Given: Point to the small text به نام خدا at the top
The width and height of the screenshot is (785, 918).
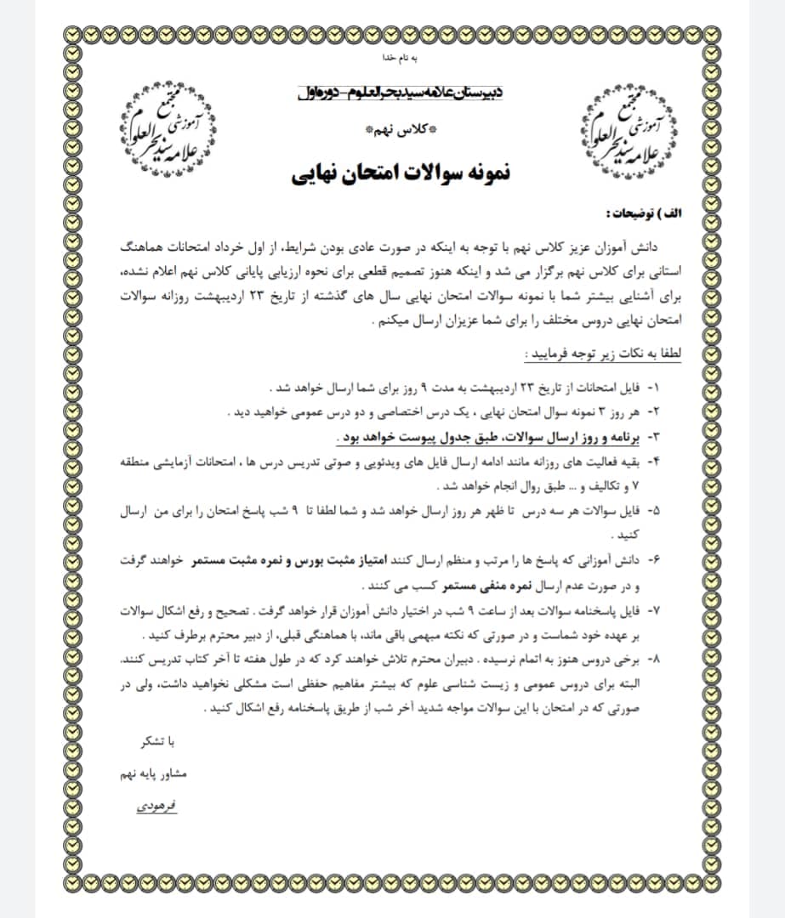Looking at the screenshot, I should [x=399, y=59].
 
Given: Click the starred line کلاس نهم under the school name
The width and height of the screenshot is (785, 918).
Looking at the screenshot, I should [x=401, y=131].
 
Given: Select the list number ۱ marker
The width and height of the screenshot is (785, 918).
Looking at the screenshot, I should [x=654, y=388].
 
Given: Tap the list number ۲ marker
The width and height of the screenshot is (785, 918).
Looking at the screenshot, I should [x=654, y=412].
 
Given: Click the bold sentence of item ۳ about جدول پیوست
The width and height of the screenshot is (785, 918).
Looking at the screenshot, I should [x=486, y=437].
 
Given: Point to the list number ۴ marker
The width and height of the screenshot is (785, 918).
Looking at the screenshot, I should [x=654, y=462].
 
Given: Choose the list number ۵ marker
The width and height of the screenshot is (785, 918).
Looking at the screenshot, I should [x=654, y=512].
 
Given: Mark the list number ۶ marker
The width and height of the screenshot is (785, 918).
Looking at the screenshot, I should [x=654, y=562].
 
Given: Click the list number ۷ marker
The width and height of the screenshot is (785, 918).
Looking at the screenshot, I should [x=654, y=611].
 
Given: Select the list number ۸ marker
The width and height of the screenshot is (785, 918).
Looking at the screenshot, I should [x=654, y=660].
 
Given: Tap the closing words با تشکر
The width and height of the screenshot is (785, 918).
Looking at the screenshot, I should [x=158, y=744].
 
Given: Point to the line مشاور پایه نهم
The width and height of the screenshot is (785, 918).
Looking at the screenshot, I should [x=155, y=775].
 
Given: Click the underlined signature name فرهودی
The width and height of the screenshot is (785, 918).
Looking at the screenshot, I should [x=155, y=803].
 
